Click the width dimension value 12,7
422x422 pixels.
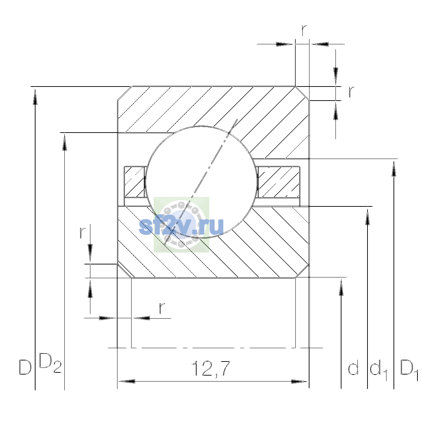coord(211,369)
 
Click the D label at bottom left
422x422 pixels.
coord(25,367)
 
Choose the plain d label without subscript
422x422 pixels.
coord(353,367)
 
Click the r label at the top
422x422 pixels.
coord(304,30)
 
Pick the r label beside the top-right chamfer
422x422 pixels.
coord(351,92)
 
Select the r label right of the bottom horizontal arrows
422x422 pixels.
coord(162,308)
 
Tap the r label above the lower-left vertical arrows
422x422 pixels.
coord(82,232)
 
